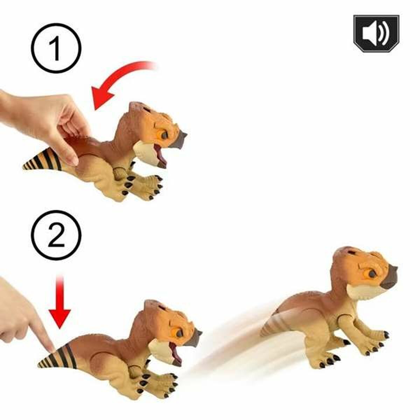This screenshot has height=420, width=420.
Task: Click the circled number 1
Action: coord(56,48)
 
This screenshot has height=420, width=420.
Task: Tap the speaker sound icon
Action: coord(376,34)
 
